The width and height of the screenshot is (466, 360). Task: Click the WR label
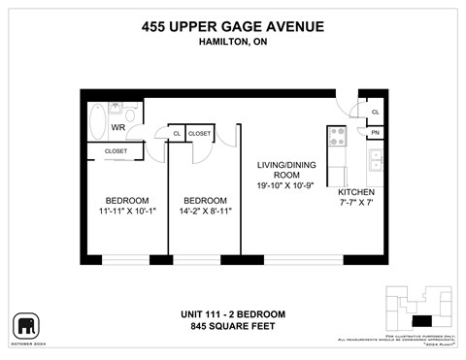pos(116,127)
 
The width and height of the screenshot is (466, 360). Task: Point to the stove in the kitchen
pos(337,137)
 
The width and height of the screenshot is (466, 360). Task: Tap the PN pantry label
pos(375,133)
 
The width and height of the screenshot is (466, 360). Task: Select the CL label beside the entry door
pos(375,113)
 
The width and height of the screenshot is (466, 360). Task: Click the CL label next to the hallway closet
pos(177,133)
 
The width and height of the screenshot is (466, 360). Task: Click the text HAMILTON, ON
pos(233,42)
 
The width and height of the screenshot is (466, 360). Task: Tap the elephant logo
pos(26,324)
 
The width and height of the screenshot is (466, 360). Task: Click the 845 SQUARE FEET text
pos(233,327)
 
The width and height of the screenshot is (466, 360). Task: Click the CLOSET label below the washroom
pos(116,151)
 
